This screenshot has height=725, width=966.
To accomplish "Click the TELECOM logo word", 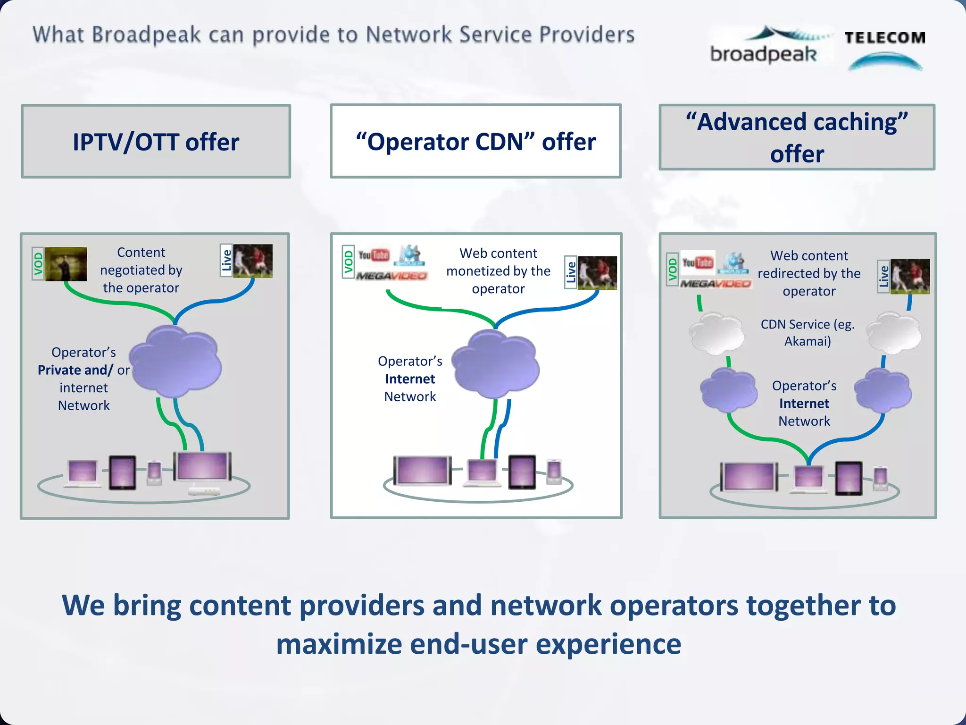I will point(885,38).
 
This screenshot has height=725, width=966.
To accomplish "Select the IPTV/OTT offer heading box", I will point(156,142).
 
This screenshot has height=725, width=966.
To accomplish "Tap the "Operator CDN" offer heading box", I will point(475,141).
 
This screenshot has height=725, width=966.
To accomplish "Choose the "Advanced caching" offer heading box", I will point(797,137).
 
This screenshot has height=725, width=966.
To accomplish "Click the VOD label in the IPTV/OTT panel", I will point(38,263).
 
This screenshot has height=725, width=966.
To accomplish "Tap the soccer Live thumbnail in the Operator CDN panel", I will point(597,273).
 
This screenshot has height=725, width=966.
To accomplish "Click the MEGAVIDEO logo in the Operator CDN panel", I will point(391,276).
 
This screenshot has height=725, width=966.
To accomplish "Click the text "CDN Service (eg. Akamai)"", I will point(807,332).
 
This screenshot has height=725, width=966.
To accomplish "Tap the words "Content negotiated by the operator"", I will point(141,270).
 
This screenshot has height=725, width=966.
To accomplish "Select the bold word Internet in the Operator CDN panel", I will point(410,379).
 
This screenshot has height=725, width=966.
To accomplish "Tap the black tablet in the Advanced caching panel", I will point(848,478).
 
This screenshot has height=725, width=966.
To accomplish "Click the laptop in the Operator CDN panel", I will point(482,472).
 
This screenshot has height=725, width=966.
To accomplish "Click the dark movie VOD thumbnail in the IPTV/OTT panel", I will point(66,264).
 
